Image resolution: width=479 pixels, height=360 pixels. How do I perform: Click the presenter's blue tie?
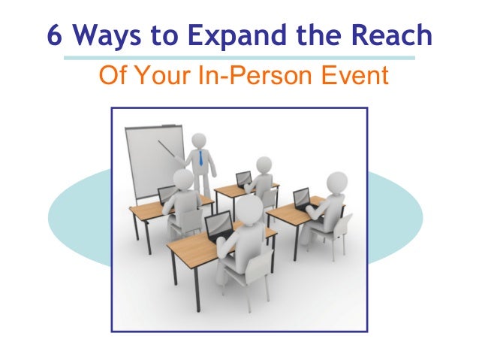click(x=201, y=159)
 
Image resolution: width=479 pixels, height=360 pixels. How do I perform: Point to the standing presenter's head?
click(x=199, y=141)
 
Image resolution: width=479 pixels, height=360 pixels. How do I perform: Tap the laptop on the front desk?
click(x=218, y=225)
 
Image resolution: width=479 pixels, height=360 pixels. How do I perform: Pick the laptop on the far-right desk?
click(x=302, y=199)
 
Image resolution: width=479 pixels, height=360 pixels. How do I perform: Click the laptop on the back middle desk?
click(x=244, y=180)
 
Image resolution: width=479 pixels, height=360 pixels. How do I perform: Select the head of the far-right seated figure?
click(x=337, y=183)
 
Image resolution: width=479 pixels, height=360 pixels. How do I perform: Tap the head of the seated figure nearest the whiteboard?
click(x=183, y=179)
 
